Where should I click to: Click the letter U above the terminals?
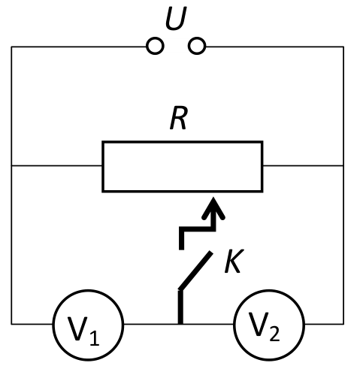click(176, 18)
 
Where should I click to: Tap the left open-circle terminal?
click(155, 46)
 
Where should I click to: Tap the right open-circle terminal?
click(197, 46)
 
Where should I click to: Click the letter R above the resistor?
click(178, 118)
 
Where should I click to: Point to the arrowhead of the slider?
click(213, 209)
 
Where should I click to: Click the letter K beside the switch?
click(234, 261)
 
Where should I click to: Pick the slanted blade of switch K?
click(196, 271)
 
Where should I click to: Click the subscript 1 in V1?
click(94, 337)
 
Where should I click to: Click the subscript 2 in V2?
click(274, 333)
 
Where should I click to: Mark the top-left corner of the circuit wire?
click(11, 47)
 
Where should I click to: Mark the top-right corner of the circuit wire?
click(343, 47)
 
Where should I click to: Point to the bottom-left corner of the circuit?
click(11, 324)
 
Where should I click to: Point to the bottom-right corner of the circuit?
click(343, 324)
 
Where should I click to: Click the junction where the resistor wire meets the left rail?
click(11, 165)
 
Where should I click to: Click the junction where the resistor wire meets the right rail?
click(343, 165)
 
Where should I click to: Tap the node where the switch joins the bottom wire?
click(180, 324)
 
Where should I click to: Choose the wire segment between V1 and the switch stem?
click(151, 324)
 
